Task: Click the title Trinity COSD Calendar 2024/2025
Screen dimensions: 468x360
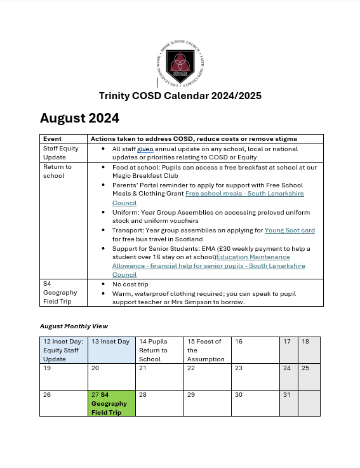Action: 180,96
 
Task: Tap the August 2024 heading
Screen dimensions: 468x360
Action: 79,118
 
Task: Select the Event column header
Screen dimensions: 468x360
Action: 52,139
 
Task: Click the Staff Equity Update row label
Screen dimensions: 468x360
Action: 58,152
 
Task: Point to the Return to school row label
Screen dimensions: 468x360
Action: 57,171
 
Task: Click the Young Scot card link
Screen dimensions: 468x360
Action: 289,230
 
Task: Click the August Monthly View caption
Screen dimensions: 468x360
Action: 74,326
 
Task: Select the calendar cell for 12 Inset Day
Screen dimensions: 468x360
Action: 63,350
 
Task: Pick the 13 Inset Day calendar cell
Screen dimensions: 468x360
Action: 111,350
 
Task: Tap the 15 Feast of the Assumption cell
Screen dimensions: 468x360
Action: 207,350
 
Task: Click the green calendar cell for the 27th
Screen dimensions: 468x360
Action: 111,403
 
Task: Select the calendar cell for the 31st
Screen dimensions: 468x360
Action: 288,403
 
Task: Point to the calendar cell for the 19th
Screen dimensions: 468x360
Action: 63,377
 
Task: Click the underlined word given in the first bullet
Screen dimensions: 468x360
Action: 146,149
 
